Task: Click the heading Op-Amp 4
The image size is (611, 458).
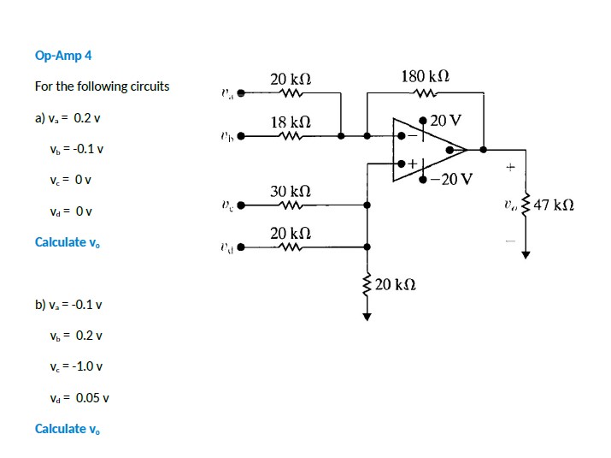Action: (63, 56)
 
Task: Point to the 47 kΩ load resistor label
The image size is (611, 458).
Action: (553, 205)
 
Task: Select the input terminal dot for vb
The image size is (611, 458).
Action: (241, 135)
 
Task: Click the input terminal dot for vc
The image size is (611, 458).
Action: (241, 205)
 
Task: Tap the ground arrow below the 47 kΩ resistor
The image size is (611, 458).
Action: (526, 253)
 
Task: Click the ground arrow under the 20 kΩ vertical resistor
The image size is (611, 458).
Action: (367, 315)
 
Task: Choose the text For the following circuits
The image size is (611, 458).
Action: (102, 86)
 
